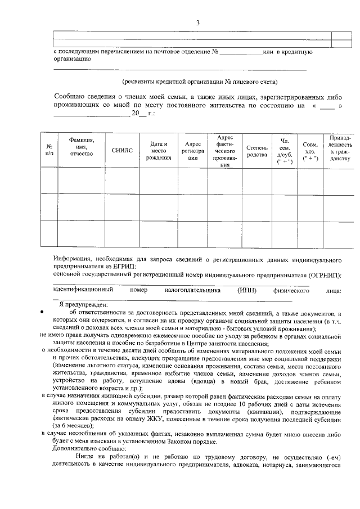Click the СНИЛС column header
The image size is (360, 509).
tap(121, 151)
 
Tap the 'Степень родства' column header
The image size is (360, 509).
tap(256, 151)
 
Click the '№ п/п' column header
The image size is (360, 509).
tap(49, 150)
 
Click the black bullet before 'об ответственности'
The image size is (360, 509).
tap(42, 312)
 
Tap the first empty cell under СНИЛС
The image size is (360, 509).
tap(121, 180)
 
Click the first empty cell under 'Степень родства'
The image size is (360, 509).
tap(256, 180)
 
